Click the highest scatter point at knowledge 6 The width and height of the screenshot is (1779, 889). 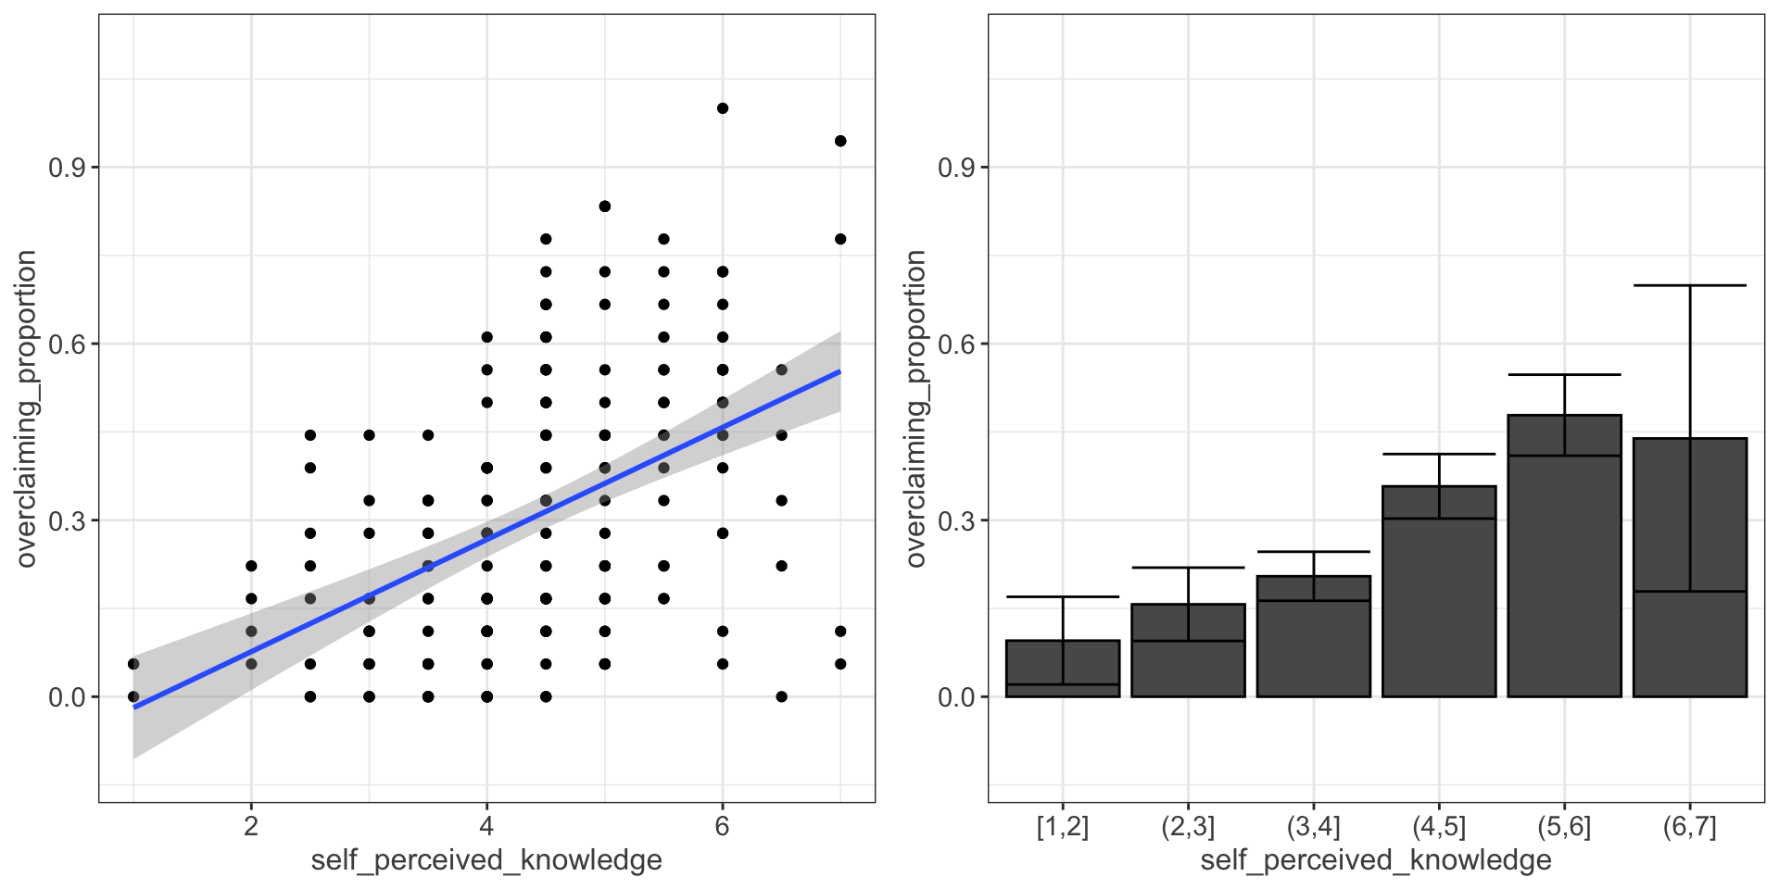click(723, 108)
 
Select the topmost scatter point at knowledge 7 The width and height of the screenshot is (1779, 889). click(840, 141)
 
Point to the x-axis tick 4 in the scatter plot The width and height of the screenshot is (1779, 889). click(486, 826)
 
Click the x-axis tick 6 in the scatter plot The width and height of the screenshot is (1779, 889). click(723, 826)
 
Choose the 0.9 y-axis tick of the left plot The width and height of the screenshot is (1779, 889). click(67, 168)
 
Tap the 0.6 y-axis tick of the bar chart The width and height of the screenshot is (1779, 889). click(956, 344)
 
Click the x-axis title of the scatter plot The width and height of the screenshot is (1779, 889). click(486, 860)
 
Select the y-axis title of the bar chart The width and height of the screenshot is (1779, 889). click(915, 408)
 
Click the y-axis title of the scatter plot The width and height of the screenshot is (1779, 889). click(26, 408)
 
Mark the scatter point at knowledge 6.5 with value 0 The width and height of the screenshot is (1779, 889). click(781, 696)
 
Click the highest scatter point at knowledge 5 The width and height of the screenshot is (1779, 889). click(605, 207)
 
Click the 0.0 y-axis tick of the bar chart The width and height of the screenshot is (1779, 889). click(956, 697)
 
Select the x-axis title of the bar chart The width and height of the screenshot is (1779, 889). click(1376, 860)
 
